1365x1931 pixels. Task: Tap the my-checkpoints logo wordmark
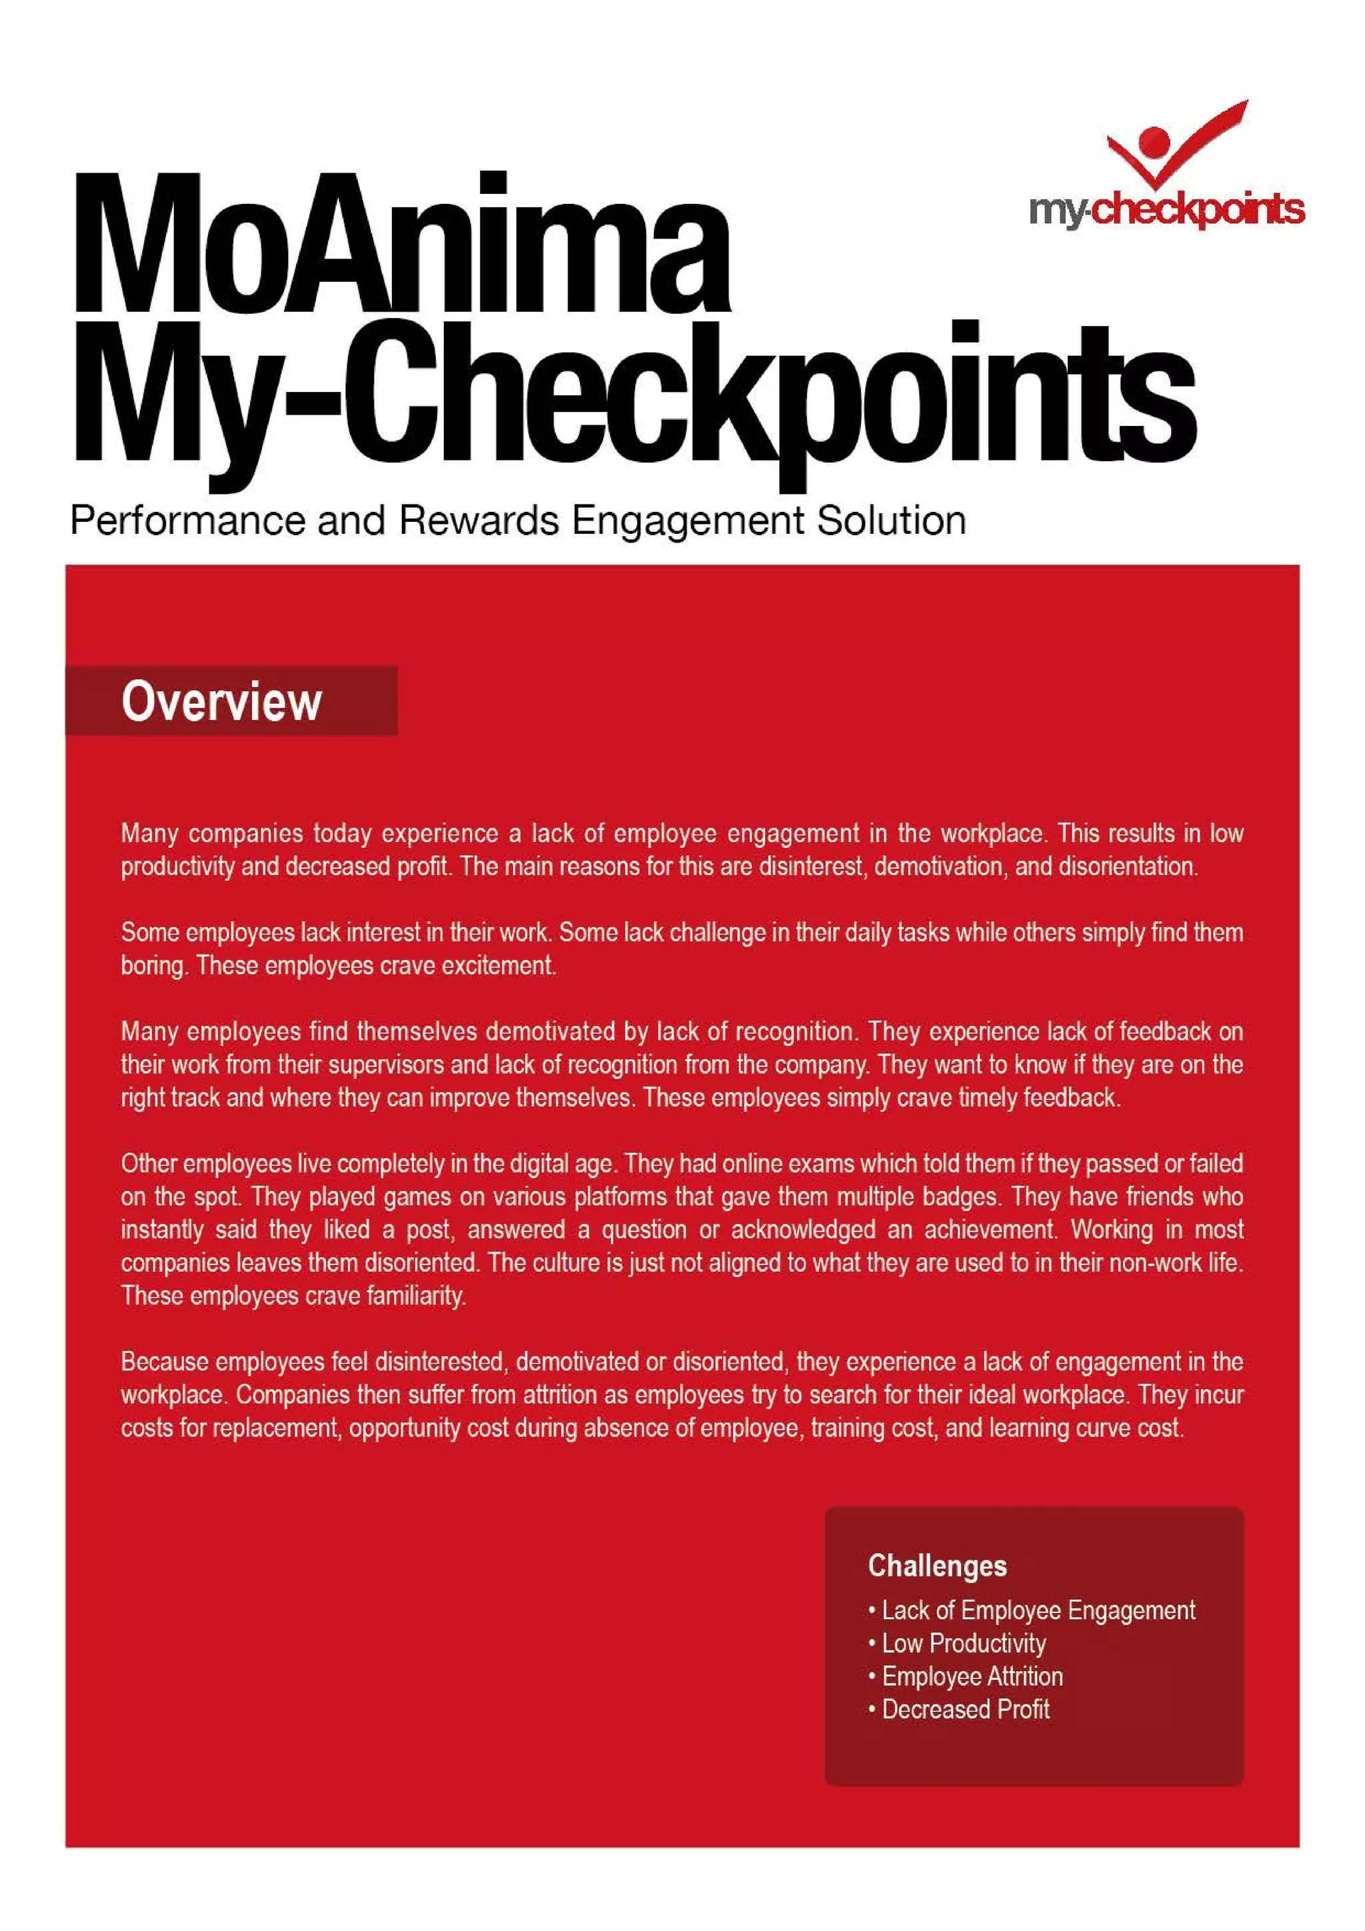[1166, 209]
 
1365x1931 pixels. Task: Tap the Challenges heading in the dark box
[937, 1565]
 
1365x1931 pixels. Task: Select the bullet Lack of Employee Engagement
[1037, 1610]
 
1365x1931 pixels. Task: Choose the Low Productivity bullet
[963, 1642]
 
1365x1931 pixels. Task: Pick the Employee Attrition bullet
[971, 1676]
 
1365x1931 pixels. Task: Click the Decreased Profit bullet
[964, 1709]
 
